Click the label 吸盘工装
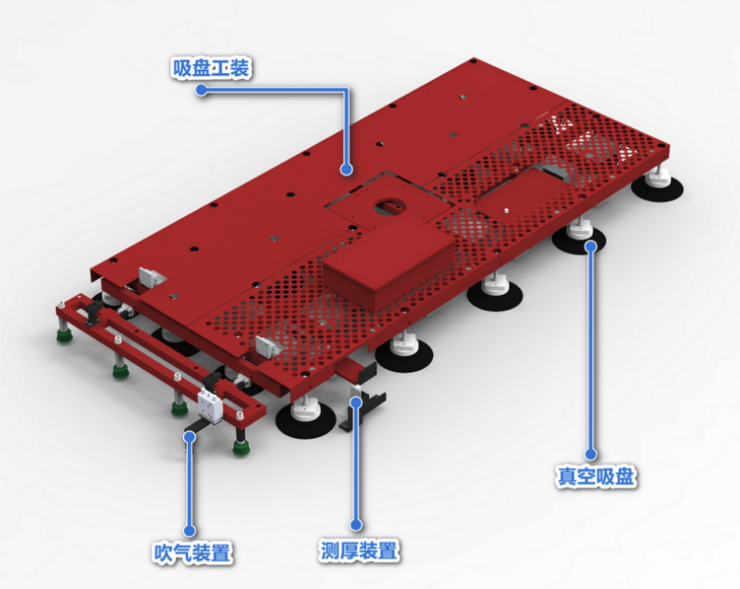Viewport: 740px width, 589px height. click(211, 69)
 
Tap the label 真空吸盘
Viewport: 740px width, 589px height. click(596, 477)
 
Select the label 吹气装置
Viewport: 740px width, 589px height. click(192, 553)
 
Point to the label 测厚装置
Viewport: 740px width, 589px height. click(359, 550)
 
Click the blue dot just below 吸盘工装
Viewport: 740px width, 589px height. click(202, 89)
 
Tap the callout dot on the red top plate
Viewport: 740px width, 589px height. click(347, 169)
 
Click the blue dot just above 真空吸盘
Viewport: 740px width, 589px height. click(590, 454)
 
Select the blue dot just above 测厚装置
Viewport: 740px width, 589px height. click(356, 524)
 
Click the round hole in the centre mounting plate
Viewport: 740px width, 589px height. click(390, 206)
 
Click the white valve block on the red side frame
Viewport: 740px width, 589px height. click(210, 406)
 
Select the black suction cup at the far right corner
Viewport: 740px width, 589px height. click(657, 189)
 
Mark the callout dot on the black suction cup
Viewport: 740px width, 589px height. click(590, 245)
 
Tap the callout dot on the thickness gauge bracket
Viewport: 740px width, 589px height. click(357, 401)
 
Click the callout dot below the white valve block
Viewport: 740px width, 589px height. click(190, 437)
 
